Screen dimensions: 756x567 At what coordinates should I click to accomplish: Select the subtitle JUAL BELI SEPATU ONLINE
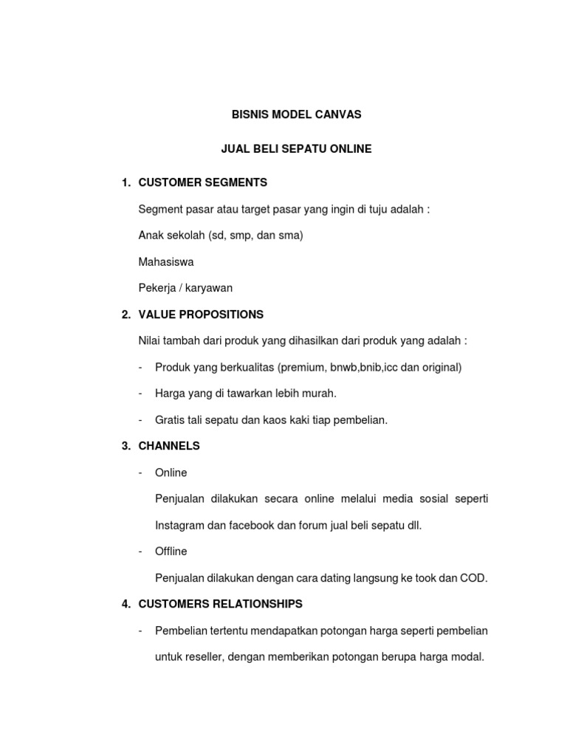(296, 149)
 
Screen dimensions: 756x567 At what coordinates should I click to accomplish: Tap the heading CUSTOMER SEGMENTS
(202, 182)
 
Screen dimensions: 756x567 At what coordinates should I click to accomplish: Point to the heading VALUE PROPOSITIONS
(201, 315)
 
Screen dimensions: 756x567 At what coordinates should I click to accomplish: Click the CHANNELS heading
(169, 447)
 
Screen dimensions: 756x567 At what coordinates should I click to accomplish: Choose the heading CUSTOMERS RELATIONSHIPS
(220, 604)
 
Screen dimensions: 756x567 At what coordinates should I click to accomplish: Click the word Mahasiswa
(166, 262)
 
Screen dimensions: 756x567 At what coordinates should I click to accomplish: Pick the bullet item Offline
(171, 551)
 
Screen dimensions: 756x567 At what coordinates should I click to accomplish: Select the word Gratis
(170, 420)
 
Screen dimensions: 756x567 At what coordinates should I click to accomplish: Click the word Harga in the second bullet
(169, 394)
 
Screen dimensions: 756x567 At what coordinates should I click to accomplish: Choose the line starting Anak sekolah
(221, 236)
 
